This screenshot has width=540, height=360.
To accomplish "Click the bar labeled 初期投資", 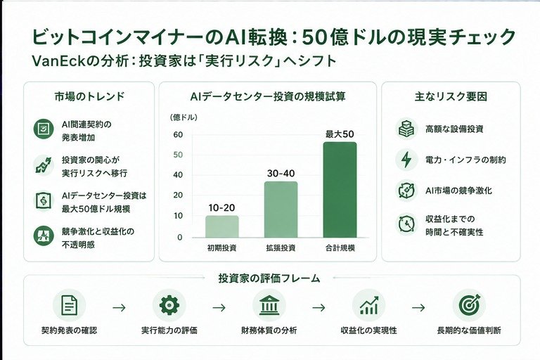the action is pos(221,226).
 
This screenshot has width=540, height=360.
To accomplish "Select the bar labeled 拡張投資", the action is pos(281,210).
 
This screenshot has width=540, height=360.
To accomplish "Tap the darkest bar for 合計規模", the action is pos(340,190).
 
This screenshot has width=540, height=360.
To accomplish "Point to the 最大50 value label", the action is pos(340,134).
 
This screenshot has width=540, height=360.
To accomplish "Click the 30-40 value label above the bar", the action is pos(281,173).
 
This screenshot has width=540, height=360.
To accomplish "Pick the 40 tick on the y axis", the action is pos(178,175).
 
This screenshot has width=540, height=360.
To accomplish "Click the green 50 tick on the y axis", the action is pos(178,155).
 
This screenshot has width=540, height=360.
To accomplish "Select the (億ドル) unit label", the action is pos(184,117).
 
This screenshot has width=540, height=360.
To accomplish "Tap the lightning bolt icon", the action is pos(406,160).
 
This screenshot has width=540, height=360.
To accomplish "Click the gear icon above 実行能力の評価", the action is pos(169,305).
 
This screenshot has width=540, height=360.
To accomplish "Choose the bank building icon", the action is pos(269,305).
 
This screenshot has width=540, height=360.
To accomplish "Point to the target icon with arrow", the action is pos(469,305).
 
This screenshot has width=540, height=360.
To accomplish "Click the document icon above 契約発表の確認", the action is pos(69,305).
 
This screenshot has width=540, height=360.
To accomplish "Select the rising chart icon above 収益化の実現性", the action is pos(369,305).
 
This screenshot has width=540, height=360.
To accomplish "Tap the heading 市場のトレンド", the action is pos(89,96).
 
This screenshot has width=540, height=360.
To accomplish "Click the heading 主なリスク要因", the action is pos(451,96).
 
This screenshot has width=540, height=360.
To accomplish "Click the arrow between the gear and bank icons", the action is pos(219,307).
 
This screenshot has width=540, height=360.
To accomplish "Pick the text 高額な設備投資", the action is pos(454,129).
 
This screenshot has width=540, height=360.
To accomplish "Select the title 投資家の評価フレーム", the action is pos(269,278).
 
